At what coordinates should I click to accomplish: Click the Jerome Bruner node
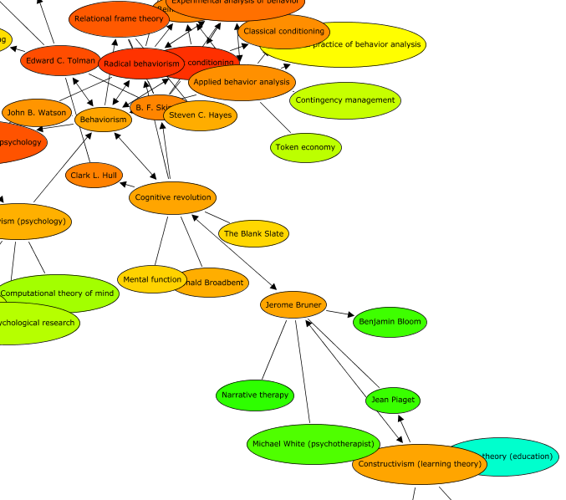point(293,305)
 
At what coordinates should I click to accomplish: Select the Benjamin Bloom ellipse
point(390,322)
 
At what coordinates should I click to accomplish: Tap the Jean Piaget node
point(392,401)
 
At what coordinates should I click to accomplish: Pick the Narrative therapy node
point(255,395)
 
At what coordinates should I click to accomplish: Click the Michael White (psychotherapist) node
point(313,444)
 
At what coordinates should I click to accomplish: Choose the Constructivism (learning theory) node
point(418,464)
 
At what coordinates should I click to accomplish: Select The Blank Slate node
point(253,234)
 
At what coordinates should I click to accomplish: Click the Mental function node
point(152,279)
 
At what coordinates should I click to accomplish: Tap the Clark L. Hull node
point(94,176)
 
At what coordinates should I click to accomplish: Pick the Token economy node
point(305,148)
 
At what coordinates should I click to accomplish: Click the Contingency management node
point(345,100)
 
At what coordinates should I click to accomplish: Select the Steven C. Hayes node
point(201,115)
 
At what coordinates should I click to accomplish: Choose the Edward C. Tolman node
point(60,61)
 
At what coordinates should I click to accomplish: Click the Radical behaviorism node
point(141,64)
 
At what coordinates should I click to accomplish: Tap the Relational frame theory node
point(118,19)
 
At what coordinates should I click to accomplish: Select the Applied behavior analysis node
point(242,82)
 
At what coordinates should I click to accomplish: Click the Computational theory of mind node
point(57,293)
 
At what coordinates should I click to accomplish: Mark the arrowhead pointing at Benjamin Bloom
point(350,315)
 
